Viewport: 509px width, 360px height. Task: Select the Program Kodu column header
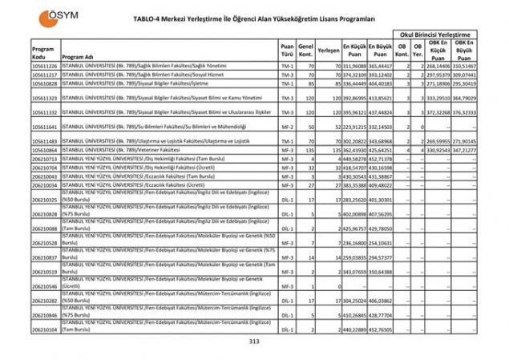42,53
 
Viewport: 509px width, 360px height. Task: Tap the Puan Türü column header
287,53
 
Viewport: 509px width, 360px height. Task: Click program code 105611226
44,65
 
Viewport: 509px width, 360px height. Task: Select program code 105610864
44,150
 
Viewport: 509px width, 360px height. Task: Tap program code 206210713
44,159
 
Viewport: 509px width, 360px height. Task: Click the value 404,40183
382,83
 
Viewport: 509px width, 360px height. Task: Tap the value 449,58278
356,159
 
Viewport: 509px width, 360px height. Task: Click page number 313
255,342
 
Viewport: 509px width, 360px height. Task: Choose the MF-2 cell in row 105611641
287,127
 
